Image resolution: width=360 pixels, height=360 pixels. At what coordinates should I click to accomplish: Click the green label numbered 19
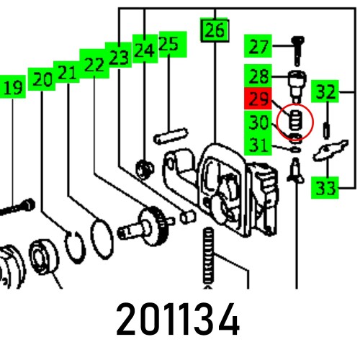(13, 89)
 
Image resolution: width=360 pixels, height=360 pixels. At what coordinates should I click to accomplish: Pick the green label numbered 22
(93, 64)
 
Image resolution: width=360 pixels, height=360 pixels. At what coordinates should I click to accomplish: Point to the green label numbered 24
(144, 50)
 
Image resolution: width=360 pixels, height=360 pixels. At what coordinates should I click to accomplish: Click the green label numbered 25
(168, 45)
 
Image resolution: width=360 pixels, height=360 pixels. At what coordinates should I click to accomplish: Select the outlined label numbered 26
(214, 30)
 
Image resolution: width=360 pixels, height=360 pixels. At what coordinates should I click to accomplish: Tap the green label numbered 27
(258, 48)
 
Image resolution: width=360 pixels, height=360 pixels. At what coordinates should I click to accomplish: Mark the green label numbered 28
(258, 75)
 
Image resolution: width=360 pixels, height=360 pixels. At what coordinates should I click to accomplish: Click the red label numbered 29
(258, 99)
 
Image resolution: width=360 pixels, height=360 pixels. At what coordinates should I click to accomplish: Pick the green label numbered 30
(258, 122)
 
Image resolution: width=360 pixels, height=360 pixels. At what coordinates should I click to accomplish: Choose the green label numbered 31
(258, 145)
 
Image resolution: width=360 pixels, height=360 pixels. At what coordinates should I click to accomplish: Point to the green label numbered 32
(326, 93)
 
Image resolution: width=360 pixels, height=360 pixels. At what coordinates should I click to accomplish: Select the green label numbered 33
(325, 189)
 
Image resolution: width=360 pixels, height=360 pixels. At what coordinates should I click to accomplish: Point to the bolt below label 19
(18, 208)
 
